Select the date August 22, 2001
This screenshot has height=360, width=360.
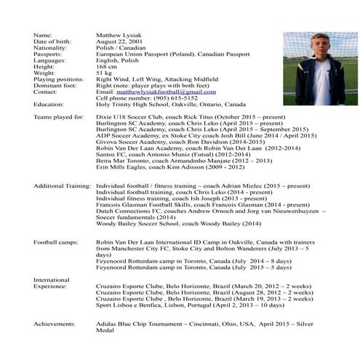(119, 41)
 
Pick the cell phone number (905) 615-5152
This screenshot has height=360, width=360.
(177, 97)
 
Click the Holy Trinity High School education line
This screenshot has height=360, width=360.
(171, 104)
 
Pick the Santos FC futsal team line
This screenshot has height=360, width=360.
(163, 154)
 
